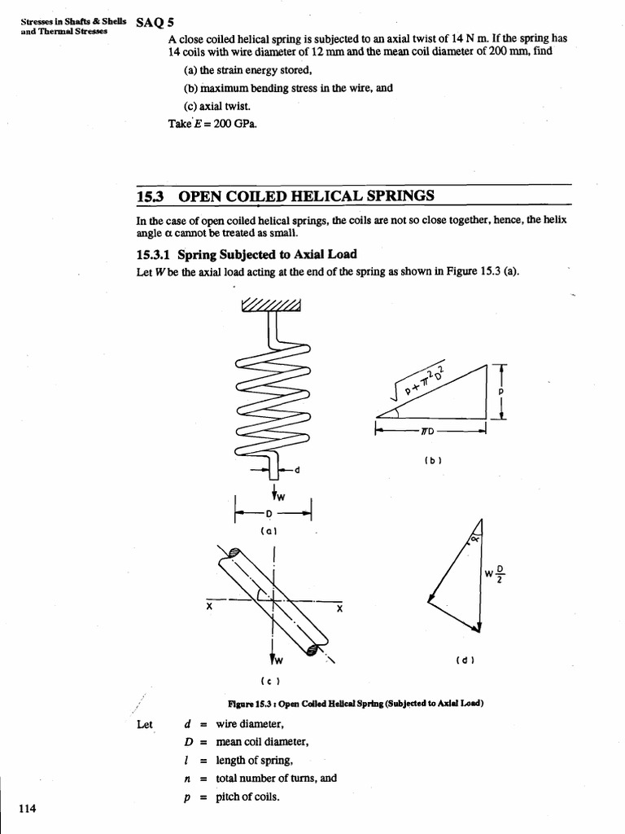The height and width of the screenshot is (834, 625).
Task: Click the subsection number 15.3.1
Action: click(x=154, y=254)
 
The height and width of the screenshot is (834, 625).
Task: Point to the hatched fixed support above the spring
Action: click(x=271, y=305)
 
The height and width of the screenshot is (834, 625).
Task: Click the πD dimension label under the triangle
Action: click(x=428, y=432)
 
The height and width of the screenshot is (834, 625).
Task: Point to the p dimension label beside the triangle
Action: click(x=502, y=391)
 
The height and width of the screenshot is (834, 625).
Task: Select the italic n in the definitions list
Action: click(x=187, y=778)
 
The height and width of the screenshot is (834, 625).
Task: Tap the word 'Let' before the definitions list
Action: click(x=144, y=724)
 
